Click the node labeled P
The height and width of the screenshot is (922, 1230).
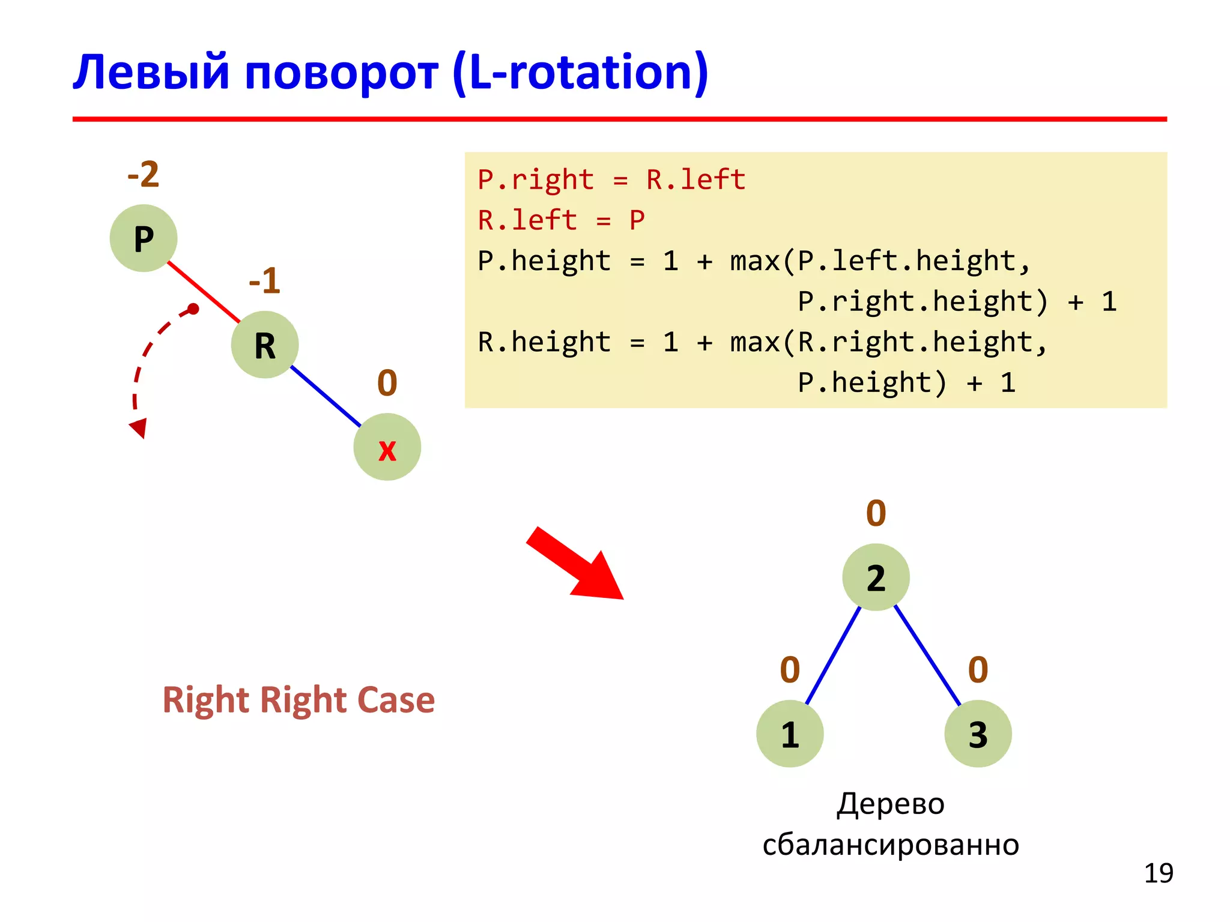[144, 238]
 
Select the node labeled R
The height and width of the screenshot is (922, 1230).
[265, 345]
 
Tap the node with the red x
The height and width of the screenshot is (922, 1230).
[387, 447]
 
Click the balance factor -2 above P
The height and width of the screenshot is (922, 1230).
[144, 175]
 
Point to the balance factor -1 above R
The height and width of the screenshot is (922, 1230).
[265, 281]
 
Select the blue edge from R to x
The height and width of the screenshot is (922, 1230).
[326, 396]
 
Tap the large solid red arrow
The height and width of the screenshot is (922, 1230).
[577, 564]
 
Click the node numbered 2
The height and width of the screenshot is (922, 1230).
[876, 577]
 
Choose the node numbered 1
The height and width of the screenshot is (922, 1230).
[790, 734]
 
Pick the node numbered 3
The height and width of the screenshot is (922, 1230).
[978, 734]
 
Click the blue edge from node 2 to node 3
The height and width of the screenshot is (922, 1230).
[927, 655]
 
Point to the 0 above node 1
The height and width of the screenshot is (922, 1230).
[790, 670]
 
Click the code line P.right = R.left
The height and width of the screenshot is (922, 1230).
[611, 180]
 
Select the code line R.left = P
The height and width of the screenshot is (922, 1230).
[561, 220]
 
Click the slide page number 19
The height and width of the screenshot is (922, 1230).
[1158, 873]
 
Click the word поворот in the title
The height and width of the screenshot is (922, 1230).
[341, 73]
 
